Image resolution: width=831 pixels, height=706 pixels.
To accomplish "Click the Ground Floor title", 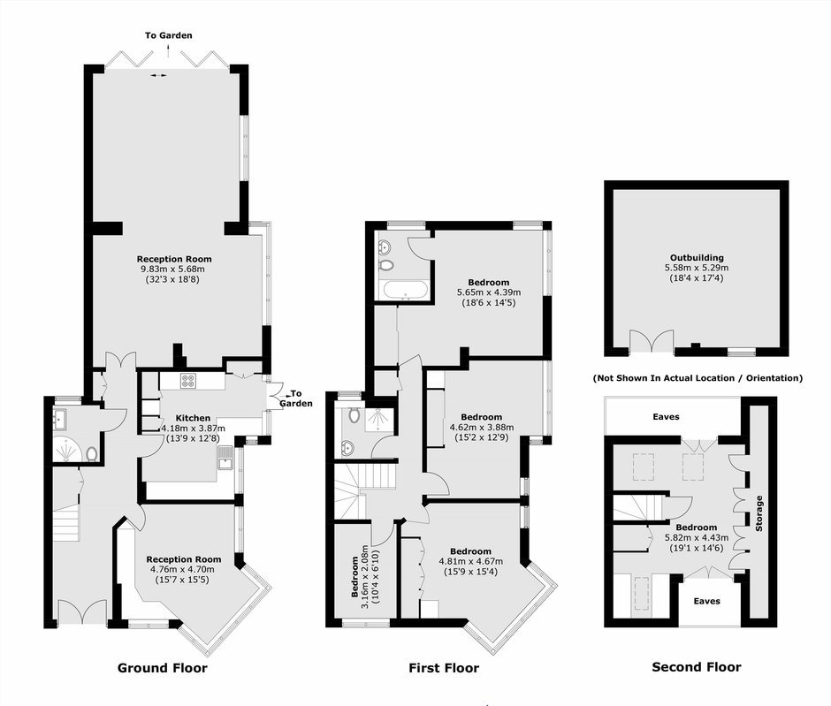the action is (162, 668).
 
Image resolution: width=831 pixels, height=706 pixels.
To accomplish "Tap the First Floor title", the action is (444, 668).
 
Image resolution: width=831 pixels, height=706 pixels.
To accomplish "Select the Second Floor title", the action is (697, 667).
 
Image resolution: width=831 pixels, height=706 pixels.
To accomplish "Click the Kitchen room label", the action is (193, 418).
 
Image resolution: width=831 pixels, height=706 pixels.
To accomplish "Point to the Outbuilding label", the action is (697, 258).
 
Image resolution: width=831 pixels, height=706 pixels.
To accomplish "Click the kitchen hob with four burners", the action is (187, 381).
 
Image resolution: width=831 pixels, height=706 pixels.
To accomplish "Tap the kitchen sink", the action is (225, 458).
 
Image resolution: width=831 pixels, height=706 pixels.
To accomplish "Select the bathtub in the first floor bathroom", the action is (406, 291).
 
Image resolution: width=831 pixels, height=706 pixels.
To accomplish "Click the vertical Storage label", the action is (759, 513).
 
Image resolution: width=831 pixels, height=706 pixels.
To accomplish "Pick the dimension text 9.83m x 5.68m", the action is (172, 269).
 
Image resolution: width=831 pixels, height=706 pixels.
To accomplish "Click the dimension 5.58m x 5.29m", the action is (697, 268).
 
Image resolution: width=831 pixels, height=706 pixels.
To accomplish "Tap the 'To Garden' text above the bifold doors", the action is (169, 35).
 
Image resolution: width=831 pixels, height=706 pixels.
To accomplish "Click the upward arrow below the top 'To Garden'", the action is (169, 51).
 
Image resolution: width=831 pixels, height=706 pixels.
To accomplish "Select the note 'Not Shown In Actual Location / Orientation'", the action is (698, 378).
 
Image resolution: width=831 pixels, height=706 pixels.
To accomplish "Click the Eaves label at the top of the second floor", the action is (666, 417).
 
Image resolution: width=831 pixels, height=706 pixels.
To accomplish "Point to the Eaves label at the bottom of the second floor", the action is (706, 601).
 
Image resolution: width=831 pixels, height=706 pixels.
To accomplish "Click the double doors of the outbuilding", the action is (652, 342).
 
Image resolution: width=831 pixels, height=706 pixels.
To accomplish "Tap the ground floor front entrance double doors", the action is (82, 611).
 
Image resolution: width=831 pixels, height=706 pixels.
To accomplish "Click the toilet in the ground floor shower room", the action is (92, 453).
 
